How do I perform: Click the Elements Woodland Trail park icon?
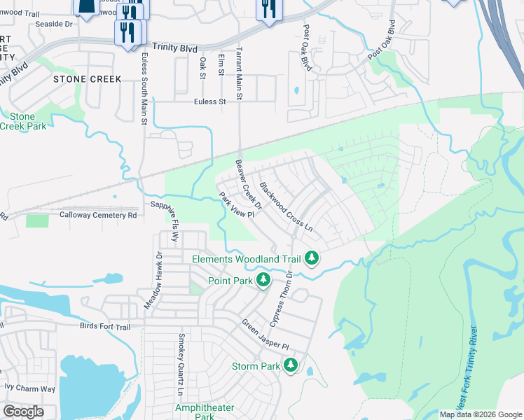pyautogui.click(x=312, y=259)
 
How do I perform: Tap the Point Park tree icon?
pyautogui.click(x=263, y=281)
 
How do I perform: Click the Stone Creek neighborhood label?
pyautogui.click(x=88, y=79)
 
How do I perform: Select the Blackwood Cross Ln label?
pyautogui.click(x=285, y=208)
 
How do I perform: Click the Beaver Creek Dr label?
pyautogui.click(x=248, y=185)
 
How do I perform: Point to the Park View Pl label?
pyautogui.click(x=235, y=205)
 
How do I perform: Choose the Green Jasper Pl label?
pyautogui.click(x=266, y=335)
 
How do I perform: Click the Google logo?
pyautogui.click(x=23, y=412)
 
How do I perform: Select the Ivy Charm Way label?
pyautogui.click(x=29, y=388)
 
